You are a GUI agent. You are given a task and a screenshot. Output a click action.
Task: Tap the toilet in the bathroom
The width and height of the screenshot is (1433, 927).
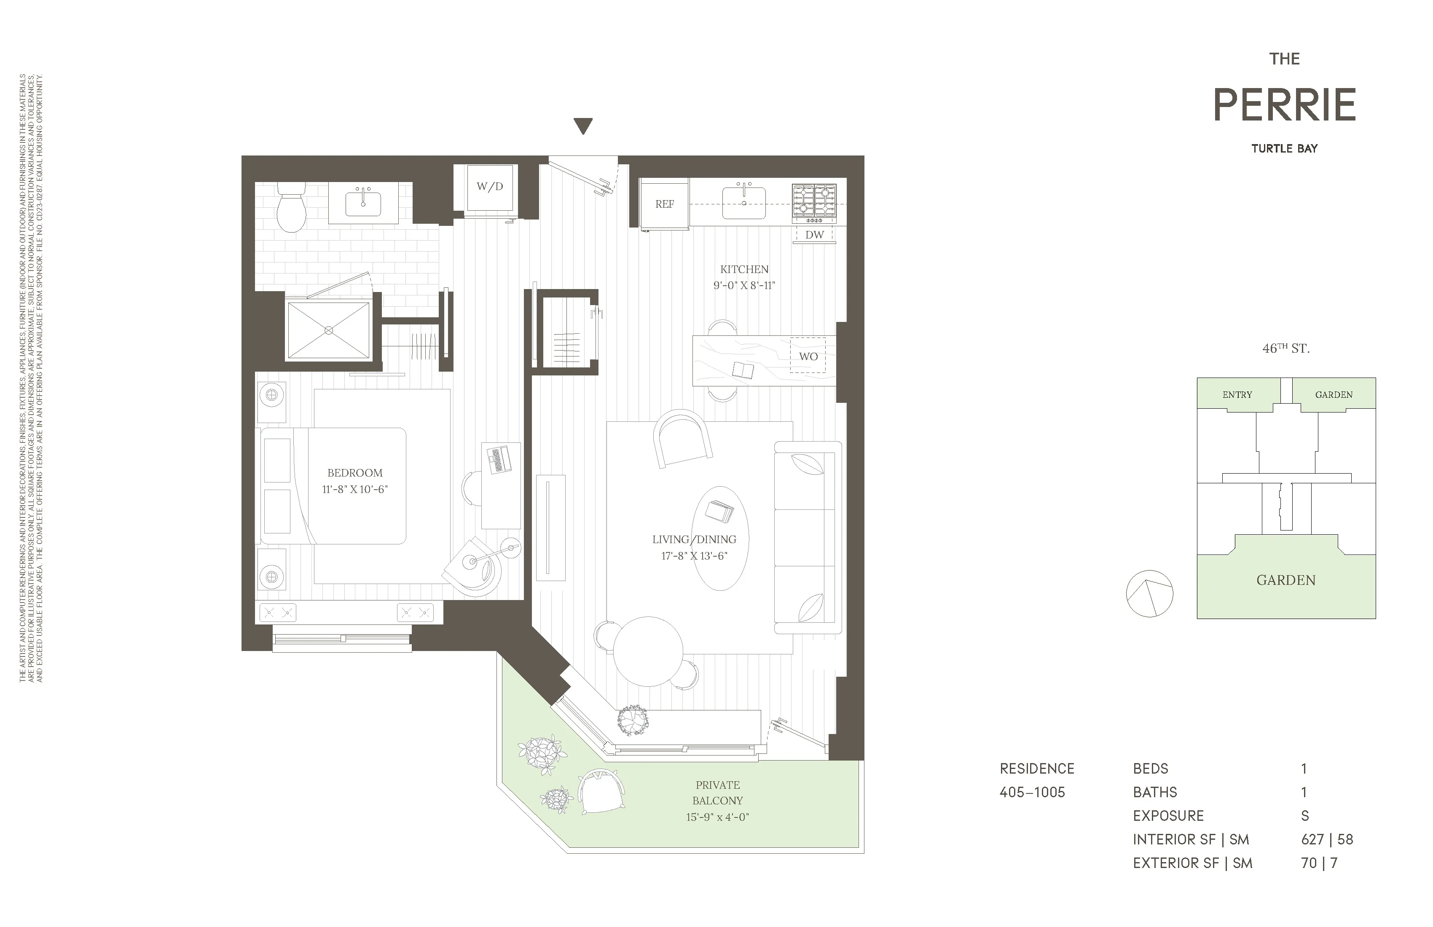[x=291, y=208]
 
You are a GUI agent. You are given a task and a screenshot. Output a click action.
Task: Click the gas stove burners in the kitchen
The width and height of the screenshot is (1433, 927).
[x=814, y=201]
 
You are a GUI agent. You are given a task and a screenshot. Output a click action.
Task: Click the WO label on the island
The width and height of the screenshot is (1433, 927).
[x=808, y=356]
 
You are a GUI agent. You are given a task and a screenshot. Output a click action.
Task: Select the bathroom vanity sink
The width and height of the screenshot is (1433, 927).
[x=363, y=204]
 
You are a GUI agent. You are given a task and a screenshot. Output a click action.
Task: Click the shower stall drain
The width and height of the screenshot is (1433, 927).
[x=329, y=330]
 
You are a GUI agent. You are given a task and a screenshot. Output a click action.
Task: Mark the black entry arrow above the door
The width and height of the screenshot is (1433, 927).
[x=583, y=126]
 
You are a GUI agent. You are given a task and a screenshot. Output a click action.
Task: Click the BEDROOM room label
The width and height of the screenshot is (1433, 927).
[x=354, y=473]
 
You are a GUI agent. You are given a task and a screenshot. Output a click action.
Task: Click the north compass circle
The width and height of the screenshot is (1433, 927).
[x=1149, y=594]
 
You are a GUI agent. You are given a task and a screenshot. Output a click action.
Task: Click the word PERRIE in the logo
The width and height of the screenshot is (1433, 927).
[x=1284, y=105]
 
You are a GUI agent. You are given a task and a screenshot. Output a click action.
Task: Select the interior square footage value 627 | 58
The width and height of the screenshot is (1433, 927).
[x=1326, y=840]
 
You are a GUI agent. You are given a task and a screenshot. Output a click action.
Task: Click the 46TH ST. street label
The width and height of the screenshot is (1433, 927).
[x=1285, y=348]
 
